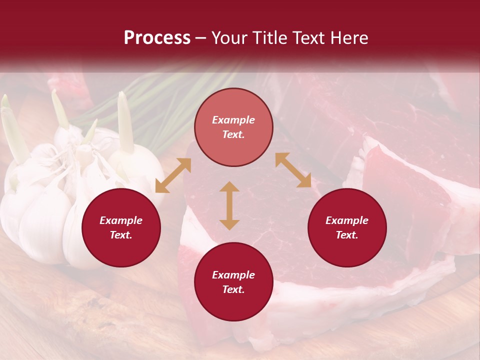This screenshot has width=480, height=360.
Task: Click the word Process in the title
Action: pyautogui.click(x=157, y=38)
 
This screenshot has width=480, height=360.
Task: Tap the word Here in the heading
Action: pyautogui.click(x=348, y=38)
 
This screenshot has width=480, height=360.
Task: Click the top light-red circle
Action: pyautogui.click(x=233, y=127)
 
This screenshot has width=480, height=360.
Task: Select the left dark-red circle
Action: pyautogui.click(x=121, y=227)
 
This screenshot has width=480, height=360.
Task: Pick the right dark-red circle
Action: pyautogui.click(x=347, y=227)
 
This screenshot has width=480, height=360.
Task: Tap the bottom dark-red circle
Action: pyautogui.click(x=233, y=282)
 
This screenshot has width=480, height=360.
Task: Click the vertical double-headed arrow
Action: pyautogui.click(x=229, y=205)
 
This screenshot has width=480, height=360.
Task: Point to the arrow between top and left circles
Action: pyautogui.click(x=173, y=175)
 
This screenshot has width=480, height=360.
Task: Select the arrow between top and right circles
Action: pyautogui.click(x=293, y=170)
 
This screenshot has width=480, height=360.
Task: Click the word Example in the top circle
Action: pyautogui.click(x=233, y=120)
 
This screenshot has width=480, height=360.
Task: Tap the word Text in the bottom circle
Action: pyautogui.click(x=233, y=289)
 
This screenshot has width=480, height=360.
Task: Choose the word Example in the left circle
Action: pyautogui.click(x=121, y=220)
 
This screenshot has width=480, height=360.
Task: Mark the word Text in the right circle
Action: pyautogui.click(x=346, y=235)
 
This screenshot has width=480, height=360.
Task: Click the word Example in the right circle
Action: pyautogui.click(x=347, y=220)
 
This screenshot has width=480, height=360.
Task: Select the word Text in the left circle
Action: pyautogui.click(x=120, y=235)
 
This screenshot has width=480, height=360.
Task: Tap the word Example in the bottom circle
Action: pyautogui.click(x=233, y=275)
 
